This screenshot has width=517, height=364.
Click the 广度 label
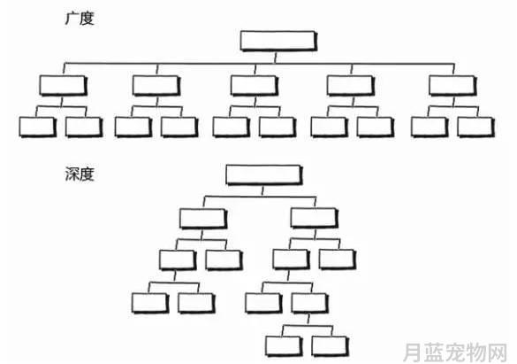point(80,19)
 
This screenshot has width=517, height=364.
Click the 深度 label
point(80,174)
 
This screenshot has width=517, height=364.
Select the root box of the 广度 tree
point(278,41)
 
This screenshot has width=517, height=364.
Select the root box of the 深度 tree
point(263,174)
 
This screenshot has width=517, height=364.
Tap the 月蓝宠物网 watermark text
point(455,352)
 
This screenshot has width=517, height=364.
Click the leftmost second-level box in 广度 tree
point(64,86)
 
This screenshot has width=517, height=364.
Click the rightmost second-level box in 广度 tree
point(453,86)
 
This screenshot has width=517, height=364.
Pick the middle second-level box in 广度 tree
point(255,86)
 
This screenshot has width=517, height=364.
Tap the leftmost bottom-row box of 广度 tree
point(38,127)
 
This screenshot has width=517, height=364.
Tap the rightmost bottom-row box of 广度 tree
point(476,127)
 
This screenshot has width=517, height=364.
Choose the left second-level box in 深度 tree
point(203,219)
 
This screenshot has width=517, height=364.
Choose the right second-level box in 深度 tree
point(315,218)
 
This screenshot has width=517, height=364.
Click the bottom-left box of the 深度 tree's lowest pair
point(284,346)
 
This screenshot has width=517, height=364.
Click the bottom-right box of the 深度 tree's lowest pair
point(330,346)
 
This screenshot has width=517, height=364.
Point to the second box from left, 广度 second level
point(156,86)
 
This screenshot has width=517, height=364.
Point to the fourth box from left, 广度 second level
point(351,86)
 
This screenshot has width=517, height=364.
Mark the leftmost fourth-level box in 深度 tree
point(150,303)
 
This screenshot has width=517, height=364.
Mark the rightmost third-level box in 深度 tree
point(338,259)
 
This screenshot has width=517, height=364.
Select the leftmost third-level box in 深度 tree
point(178,260)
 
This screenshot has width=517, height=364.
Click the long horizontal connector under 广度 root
point(259,64)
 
